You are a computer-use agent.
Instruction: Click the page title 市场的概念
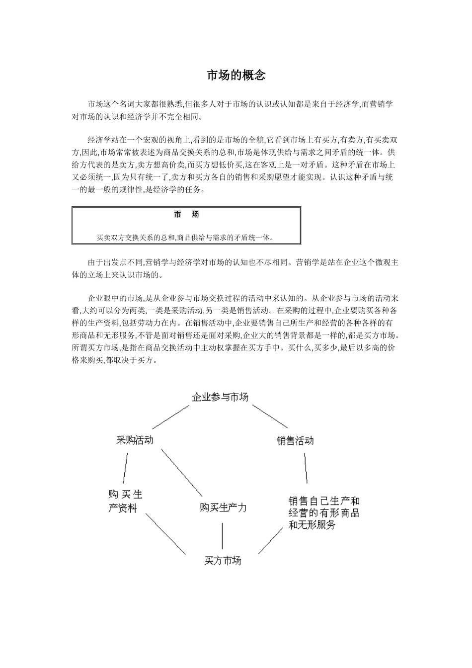point(236,76)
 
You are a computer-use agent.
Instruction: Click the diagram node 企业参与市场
point(220,397)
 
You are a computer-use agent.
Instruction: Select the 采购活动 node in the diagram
point(135,440)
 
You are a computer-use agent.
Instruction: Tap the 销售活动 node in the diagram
point(295,440)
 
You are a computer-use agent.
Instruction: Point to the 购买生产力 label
point(223,508)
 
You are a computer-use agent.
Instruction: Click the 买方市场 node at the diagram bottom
point(223,561)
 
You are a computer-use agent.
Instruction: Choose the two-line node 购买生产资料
point(125,501)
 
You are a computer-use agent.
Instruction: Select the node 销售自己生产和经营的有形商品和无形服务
point(324,513)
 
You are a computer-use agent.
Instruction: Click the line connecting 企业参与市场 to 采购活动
point(171,417)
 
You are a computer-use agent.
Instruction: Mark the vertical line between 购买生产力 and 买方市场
point(222,536)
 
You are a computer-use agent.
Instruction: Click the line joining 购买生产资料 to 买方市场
point(165,534)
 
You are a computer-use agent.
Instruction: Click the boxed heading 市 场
point(186,215)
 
